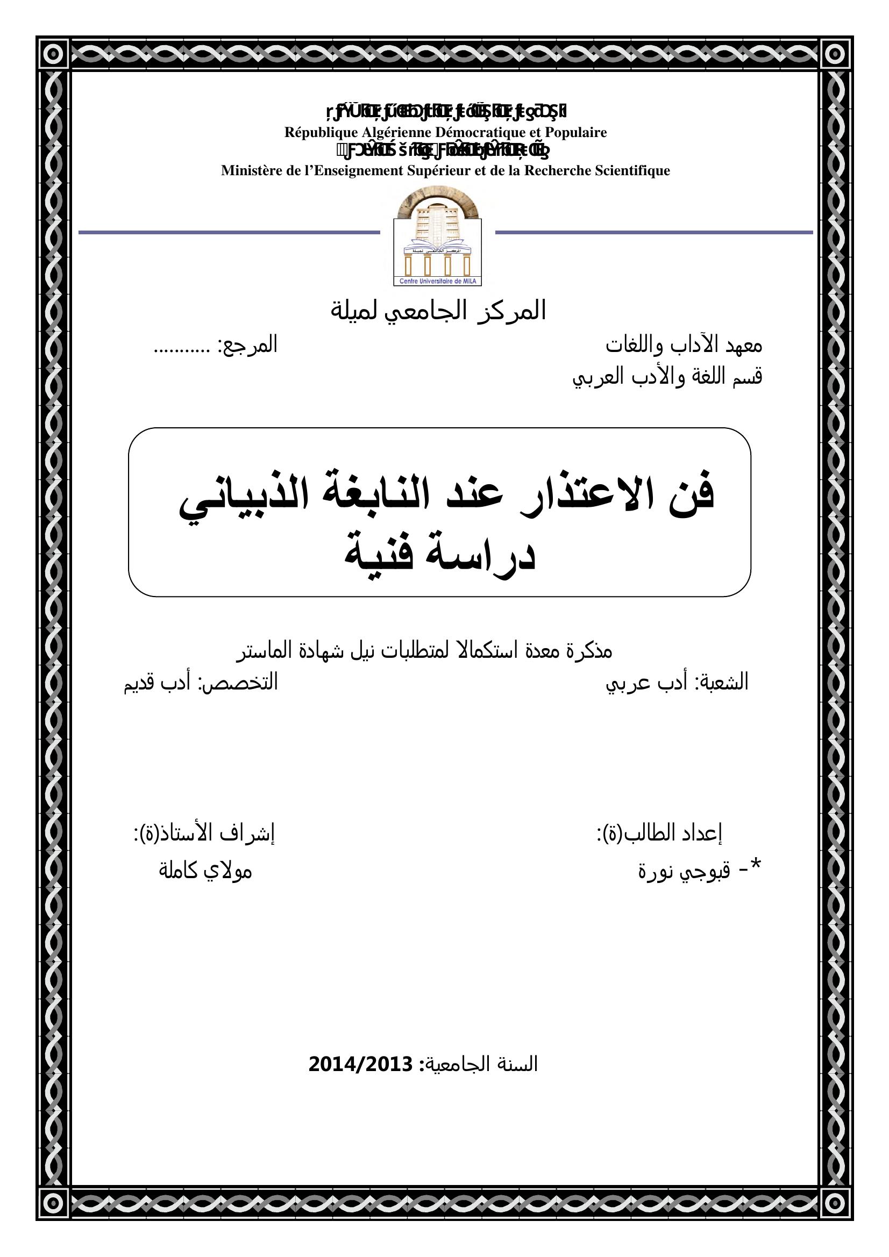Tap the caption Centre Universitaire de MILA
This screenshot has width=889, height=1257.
pos(437,282)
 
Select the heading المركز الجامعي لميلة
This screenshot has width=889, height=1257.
pos(438,311)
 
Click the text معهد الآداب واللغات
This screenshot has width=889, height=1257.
pos(684,346)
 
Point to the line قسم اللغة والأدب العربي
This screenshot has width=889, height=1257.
pos(667,377)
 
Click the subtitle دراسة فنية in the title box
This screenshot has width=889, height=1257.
pos(439,556)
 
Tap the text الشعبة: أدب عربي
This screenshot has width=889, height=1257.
pos(677,683)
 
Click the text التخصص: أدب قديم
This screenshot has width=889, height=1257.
pos(201,683)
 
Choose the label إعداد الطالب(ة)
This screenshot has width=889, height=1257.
pos(659,834)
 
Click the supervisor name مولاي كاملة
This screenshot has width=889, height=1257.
pos(205,871)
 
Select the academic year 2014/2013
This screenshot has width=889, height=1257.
pos(360,1064)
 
